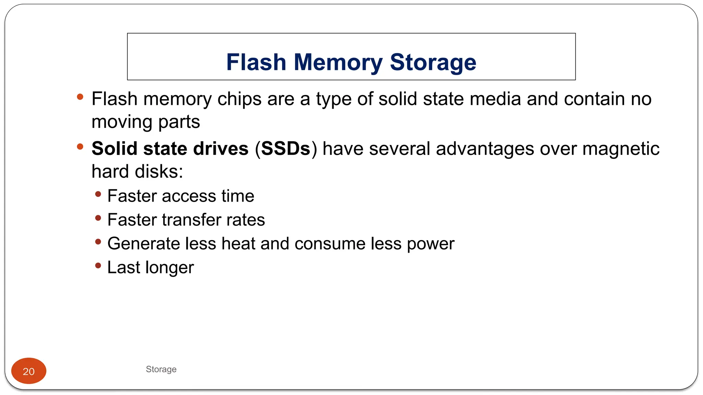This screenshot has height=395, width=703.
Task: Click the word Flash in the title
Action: point(256,62)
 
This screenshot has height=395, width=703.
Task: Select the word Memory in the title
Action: point(338,62)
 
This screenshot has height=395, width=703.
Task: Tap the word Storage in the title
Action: point(433,62)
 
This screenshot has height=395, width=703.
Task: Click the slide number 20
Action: point(29,371)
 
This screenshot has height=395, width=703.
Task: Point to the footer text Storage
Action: point(161,369)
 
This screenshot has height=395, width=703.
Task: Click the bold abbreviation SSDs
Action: point(286,149)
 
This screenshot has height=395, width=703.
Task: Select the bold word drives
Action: point(221,149)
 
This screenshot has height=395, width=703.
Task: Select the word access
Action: point(189,196)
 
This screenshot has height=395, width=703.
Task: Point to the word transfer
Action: point(195,220)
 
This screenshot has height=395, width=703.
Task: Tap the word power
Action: point(430,244)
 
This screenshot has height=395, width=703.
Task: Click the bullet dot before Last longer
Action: point(98,265)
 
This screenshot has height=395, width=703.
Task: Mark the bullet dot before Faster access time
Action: point(98,194)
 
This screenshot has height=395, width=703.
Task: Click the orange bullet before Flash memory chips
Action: point(80,97)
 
